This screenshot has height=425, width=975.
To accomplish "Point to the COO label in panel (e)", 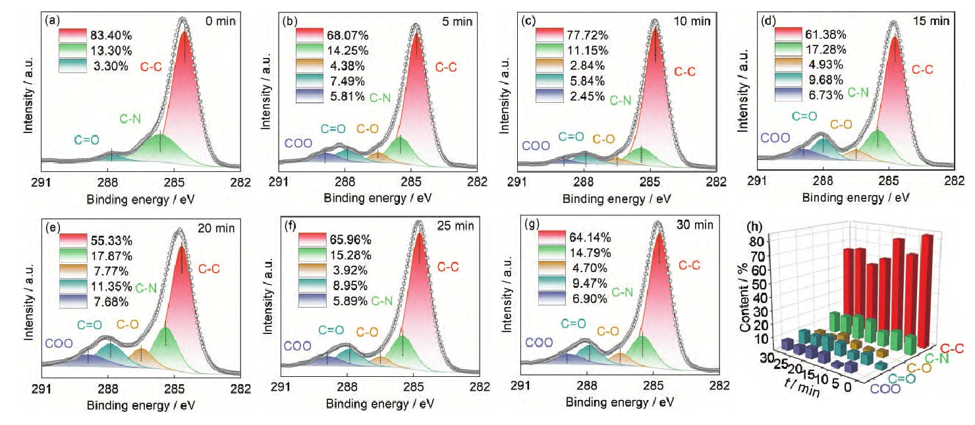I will click(x=58, y=343).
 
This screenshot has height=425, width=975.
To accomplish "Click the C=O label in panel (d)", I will click(x=804, y=117).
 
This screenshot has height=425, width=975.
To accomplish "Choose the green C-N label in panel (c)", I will click(x=620, y=101).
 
